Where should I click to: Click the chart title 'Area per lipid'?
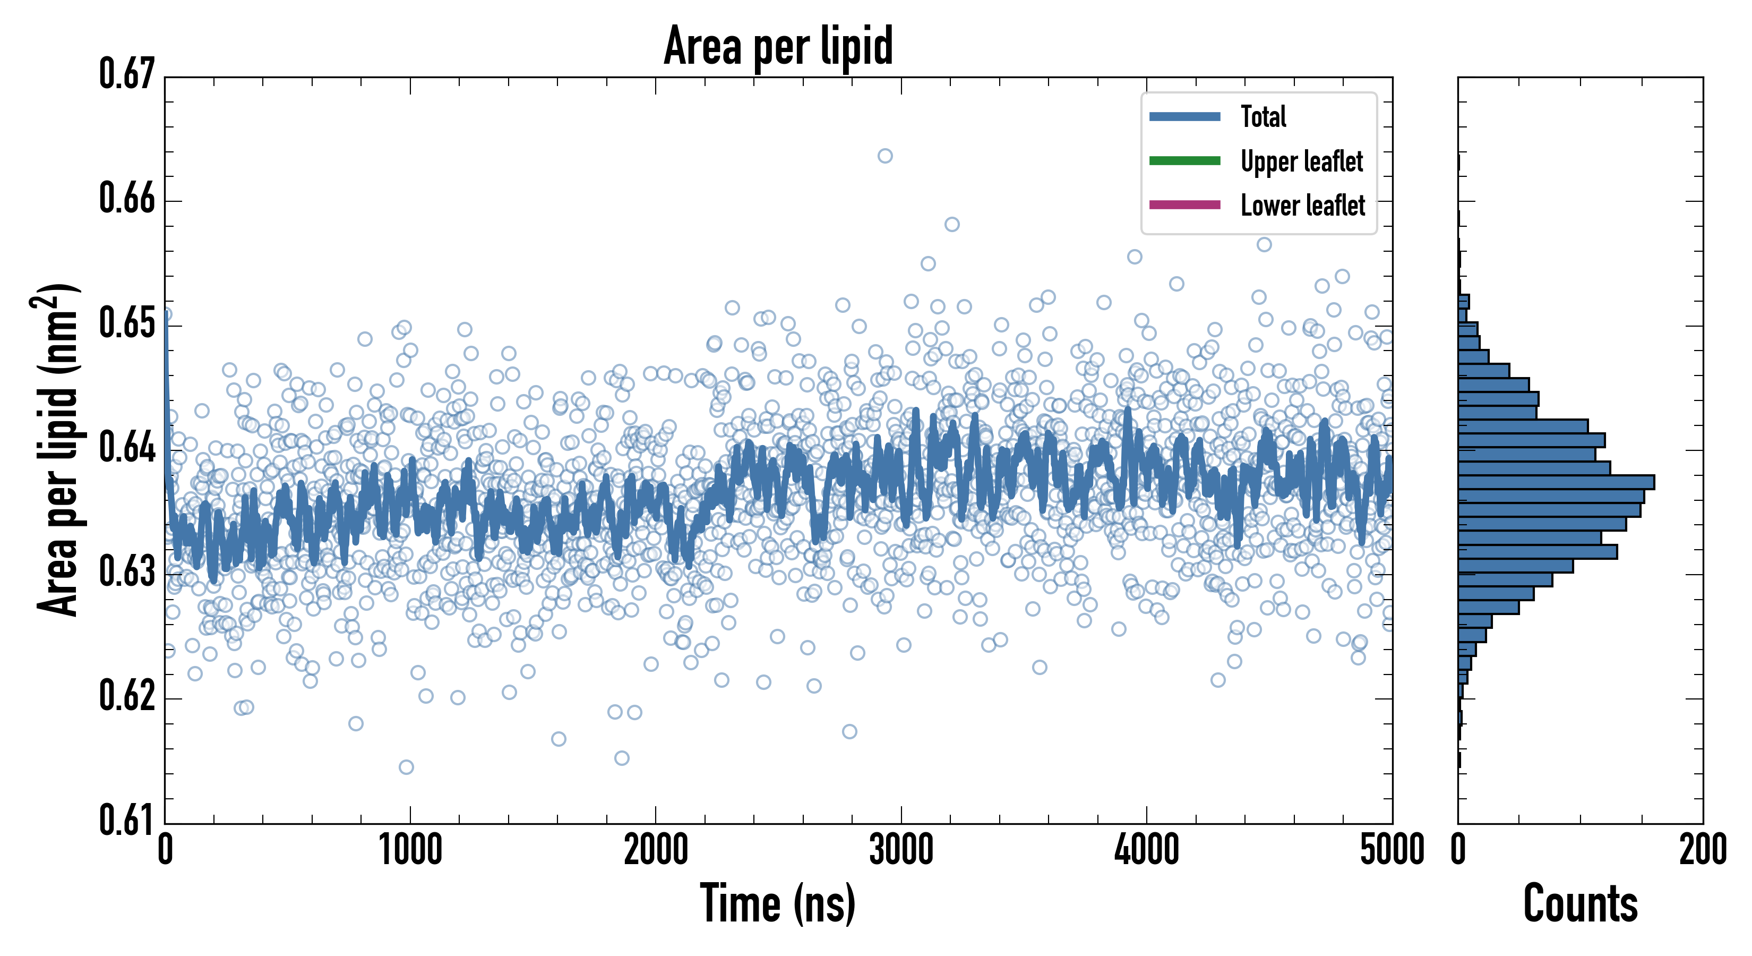tap(778, 46)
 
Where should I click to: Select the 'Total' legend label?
tap(1263, 116)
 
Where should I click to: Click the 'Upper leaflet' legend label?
tap(1301, 161)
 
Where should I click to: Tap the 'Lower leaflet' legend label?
tap(1302, 206)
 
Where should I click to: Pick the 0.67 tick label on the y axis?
tap(127, 74)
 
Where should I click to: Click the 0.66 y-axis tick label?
tap(127, 199)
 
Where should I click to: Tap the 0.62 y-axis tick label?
tap(127, 696)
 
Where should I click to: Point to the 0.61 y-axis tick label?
tap(127, 820)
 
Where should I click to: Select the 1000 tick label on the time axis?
tap(410, 850)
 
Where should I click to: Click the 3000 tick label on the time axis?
tap(901, 850)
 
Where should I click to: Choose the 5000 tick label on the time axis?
tap(1392, 850)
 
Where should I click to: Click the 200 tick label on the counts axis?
tap(1702, 850)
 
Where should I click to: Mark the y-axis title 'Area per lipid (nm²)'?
tap(57, 449)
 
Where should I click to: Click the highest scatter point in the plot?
tap(885, 156)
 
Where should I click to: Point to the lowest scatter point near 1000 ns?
tap(406, 767)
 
